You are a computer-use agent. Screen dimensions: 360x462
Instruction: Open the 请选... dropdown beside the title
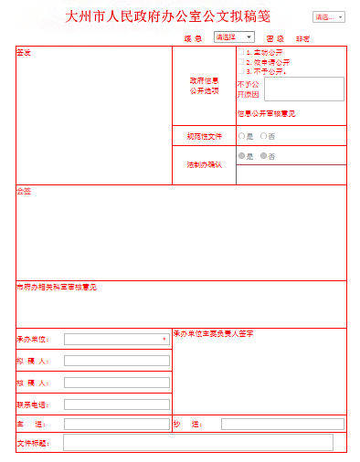[x=329, y=16]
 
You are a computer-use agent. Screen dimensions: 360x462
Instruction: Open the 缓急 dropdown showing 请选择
[x=234, y=37]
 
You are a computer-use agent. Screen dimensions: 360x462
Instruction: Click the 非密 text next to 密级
[x=302, y=38]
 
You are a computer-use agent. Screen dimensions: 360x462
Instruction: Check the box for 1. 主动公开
[x=241, y=53]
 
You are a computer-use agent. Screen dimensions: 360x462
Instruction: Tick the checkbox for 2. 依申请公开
[x=241, y=62]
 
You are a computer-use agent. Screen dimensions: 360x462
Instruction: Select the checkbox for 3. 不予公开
[x=241, y=70]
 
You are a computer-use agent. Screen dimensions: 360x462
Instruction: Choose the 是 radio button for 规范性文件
[x=241, y=136]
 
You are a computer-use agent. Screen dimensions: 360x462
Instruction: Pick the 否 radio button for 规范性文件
[x=263, y=136]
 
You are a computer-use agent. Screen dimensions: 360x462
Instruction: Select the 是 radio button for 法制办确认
[x=241, y=156]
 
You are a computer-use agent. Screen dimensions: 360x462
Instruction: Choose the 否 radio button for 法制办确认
[x=263, y=156]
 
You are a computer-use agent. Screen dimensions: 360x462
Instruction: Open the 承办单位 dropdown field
[x=116, y=339]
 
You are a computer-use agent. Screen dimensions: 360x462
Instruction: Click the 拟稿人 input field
[x=116, y=361]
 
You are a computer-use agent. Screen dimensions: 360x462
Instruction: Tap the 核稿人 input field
[x=116, y=383]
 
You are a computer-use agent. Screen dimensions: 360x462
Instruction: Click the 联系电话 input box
[x=116, y=404]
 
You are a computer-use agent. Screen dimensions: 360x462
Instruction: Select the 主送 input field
[x=116, y=425]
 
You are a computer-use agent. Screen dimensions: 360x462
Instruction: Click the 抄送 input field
[x=282, y=425]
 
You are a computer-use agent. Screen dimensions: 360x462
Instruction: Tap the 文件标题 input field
[x=197, y=443]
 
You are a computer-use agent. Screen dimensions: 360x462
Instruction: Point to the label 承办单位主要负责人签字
[x=213, y=333]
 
